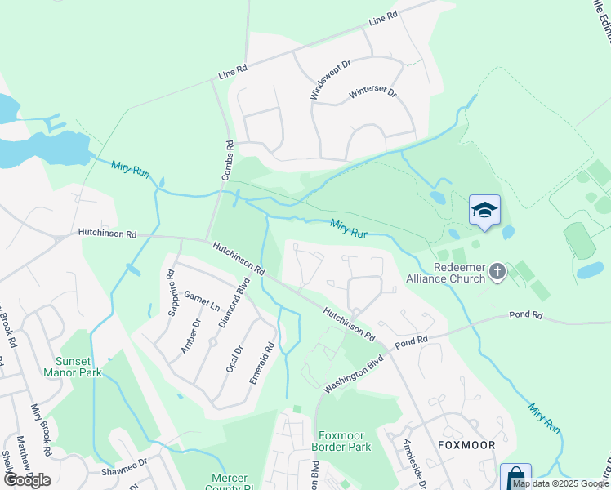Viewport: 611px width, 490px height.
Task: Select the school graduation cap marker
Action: tap(484, 210)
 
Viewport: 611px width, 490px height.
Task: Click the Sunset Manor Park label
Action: tap(78, 367)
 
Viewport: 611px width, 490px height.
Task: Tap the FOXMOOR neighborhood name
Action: tap(466, 445)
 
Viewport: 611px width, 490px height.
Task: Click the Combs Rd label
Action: tap(229, 160)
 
